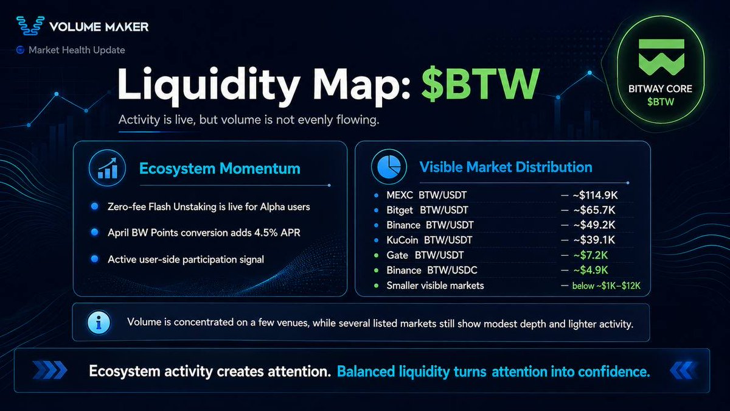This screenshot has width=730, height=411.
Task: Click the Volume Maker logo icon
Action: pyautogui.click(x=30, y=26)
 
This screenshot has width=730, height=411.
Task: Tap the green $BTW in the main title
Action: pyautogui.click(x=481, y=84)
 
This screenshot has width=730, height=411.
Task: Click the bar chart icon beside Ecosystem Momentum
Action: pyautogui.click(x=108, y=168)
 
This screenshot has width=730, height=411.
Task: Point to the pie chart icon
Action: pyautogui.click(x=389, y=167)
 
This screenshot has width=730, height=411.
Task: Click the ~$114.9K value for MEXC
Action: pyautogui.click(x=595, y=195)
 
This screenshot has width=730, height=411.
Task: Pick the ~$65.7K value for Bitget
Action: pyautogui.click(x=594, y=210)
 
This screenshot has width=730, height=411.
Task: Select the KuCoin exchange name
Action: pyautogui.click(x=402, y=240)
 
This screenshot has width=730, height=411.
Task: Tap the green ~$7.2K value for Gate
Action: pyautogui.click(x=591, y=255)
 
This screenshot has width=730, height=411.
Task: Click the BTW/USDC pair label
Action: pyautogui.click(x=452, y=270)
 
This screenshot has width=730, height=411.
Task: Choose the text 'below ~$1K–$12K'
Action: pyautogui.click(x=606, y=286)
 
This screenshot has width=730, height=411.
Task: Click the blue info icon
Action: pyautogui.click(x=99, y=322)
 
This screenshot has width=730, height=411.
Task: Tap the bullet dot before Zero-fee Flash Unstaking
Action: pyautogui.click(x=95, y=206)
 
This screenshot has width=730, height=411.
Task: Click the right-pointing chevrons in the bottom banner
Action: pyautogui.click(x=50, y=370)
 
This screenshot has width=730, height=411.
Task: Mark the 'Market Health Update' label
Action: pyautogui.click(x=77, y=50)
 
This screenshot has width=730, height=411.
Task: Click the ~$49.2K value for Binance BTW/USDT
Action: pyautogui.click(x=594, y=225)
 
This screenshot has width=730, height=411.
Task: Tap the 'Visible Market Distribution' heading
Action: pyautogui.click(x=506, y=167)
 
